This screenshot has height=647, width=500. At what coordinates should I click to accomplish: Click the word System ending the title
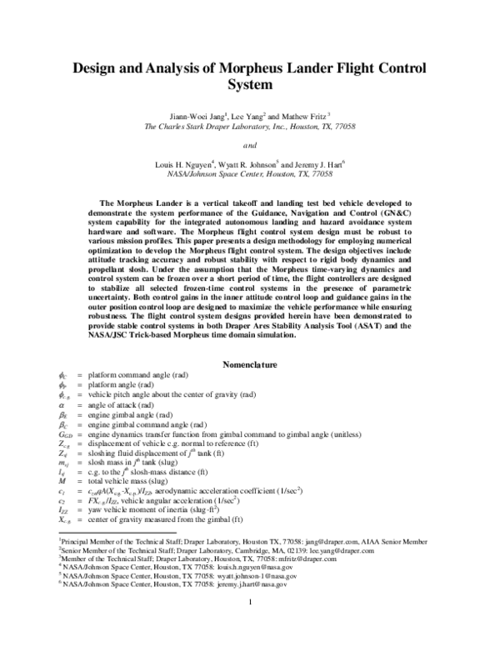coord(249,84)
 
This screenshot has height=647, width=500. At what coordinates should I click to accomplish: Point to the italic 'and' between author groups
coord(250,145)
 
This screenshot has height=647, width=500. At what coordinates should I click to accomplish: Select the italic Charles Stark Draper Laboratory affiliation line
coord(250,128)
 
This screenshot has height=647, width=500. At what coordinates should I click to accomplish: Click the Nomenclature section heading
coord(250,364)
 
